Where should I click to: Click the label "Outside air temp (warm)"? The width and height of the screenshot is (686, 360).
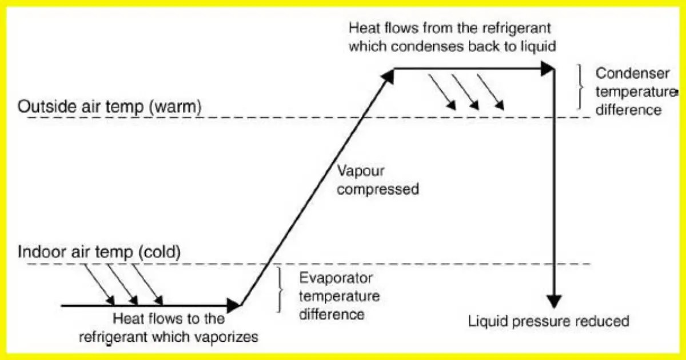pos(109,107)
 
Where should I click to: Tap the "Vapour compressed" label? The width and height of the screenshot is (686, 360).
pos(377,179)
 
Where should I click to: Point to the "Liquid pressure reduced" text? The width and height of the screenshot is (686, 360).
pos(548,321)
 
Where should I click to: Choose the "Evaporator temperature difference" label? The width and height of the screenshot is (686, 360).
pos(339,296)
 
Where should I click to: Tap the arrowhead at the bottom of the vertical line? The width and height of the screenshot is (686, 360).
pos(554,301)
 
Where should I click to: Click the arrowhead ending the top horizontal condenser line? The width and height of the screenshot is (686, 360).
pos(549,69)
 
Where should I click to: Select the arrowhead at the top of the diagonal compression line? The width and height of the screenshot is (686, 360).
pos(389,75)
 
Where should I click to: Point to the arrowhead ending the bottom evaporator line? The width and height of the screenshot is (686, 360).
pos(234,305)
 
